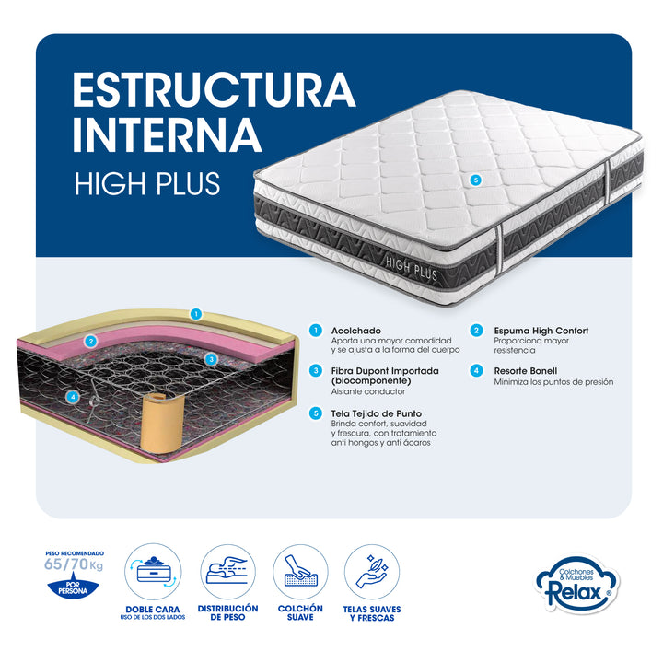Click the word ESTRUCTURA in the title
pos(214,90)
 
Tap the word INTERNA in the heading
pos(167,134)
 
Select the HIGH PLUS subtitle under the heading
pos(147,183)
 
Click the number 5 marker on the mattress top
pos(476,180)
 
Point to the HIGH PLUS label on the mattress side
pos(412,269)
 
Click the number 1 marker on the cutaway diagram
pos(196,314)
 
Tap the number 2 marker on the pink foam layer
pos(90,341)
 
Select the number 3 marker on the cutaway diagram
pos(211,360)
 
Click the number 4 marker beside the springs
pos(73,397)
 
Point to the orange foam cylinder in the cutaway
pos(161,423)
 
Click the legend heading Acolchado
pos(356,331)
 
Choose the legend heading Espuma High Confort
pos(541,331)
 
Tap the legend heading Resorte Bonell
pos(526,371)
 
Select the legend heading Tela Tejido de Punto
pos(377,413)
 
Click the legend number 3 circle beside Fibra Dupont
pos(316,371)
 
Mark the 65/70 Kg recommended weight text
pos(74,564)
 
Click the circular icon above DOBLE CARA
pos(153,572)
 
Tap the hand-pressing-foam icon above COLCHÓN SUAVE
pos(300,572)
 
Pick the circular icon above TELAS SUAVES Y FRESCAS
pos(372,572)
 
